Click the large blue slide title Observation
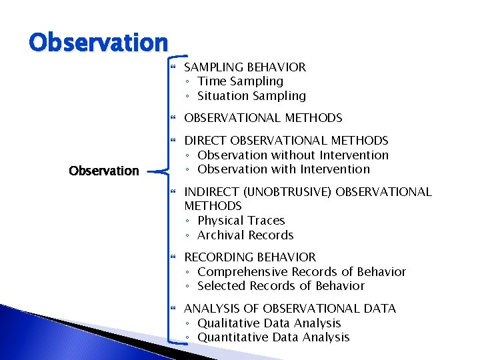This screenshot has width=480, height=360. pyautogui.click(x=98, y=43)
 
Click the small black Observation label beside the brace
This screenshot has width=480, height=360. pyautogui.click(x=104, y=171)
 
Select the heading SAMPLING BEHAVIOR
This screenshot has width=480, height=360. pyautogui.click(x=245, y=67)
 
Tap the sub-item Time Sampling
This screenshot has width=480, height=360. pyautogui.click(x=240, y=81)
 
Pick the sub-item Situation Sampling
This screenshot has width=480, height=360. pyautogui.click(x=251, y=96)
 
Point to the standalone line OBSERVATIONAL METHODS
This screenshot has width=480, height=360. pyautogui.click(x=263, y=118)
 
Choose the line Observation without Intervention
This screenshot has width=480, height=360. pyautogui.click(x=293, y=155)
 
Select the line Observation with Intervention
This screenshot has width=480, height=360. pyautogui.click(x=283, y=169)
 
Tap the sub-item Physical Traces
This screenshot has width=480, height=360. pyautogui.click(x=241, y=221)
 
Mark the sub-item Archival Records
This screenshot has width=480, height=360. pyautogui.click(x=245, y=235)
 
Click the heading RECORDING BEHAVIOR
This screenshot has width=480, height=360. pyautogui.click(x=250, y=257)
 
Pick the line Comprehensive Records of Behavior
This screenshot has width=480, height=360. pyautogui.click(x=301, y=272)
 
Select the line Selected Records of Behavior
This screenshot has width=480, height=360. pyautogui.click(x=281, y=286)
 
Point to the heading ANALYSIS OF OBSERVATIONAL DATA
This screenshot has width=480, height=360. pyautogui.click(x=289, y=309)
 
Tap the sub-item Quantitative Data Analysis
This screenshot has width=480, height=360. pyautogui.click(x=273, y=337)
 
